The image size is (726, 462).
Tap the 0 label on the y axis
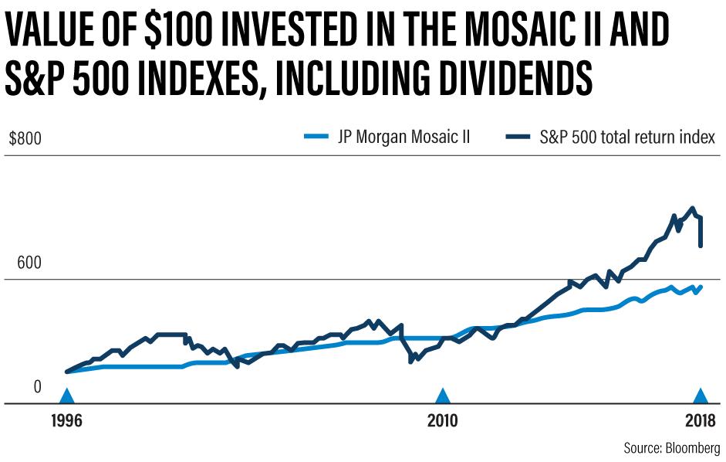[35, 386]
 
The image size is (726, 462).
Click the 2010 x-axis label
[442, 423]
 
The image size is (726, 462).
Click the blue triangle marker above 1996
[67, 396]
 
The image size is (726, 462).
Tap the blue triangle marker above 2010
[442, 396]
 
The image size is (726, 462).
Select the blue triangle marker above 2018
[700, 396]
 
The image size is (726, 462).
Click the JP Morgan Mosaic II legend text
[404, 138]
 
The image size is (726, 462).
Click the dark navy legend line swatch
[522, 138]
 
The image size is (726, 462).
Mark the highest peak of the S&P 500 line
[693, 208]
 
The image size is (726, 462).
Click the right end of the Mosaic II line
[701, 287]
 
